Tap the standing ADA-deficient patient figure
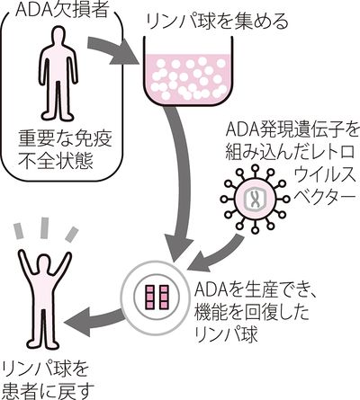tap(58, 74)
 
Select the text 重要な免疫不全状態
tap(65, 151)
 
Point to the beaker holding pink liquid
tap(188, 72)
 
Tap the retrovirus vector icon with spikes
tap(255, 199)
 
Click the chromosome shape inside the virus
tap(255, 199)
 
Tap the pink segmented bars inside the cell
tap(157, 297)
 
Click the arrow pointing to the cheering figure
tap(94, 321)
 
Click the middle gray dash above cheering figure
tap(45, 228)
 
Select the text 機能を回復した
tap(251, 313)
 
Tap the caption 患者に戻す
tap(48, 389)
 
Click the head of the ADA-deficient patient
tap(58, 35)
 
